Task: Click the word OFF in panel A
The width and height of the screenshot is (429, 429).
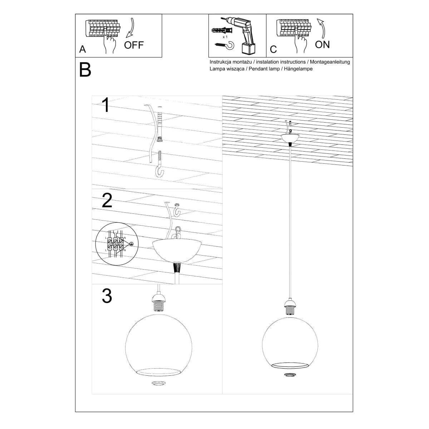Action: [134, 45]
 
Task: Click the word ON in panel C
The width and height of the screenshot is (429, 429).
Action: [322, 45]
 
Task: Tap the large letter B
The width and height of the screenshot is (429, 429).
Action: [85, 70]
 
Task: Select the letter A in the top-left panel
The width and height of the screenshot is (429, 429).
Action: [83, 49]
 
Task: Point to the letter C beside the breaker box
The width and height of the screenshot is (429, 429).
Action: [273, 49]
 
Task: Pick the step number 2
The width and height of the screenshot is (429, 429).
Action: [107, 201]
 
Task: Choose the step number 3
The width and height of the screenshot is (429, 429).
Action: [107, 296]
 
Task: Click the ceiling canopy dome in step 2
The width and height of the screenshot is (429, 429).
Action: [174, 250]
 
